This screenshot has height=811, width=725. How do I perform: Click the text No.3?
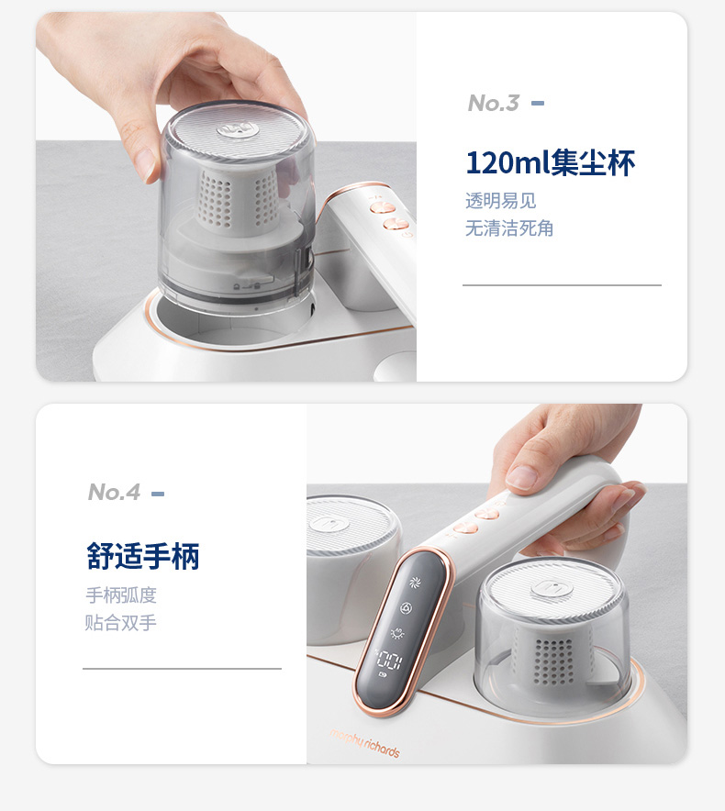pos(493,103)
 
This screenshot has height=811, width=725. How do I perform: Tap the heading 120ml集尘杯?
pos(550,163)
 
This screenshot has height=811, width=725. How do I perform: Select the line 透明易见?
pos(500,200)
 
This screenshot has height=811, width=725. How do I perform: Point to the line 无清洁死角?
pos(509,228)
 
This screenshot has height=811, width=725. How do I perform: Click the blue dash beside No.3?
pos(538,104)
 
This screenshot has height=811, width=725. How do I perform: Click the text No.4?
pos(114,492)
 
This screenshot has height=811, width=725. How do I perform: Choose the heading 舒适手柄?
pos(143,556)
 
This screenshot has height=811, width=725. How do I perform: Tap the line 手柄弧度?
pos(121,594)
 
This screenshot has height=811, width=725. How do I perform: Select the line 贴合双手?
pos(120,622)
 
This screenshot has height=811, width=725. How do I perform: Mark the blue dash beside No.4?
pos(158,494)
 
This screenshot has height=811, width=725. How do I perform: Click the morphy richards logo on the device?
pos(365,743)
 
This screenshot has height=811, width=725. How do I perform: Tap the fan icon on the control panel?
pos(415,583)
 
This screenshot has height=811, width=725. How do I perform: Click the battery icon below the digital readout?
pos(383,675)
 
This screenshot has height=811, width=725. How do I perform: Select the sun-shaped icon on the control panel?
pos(397,633)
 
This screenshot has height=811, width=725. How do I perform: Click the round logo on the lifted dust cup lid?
pos(238,129)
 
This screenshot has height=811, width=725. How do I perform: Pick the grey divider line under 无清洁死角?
pos(562,284)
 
